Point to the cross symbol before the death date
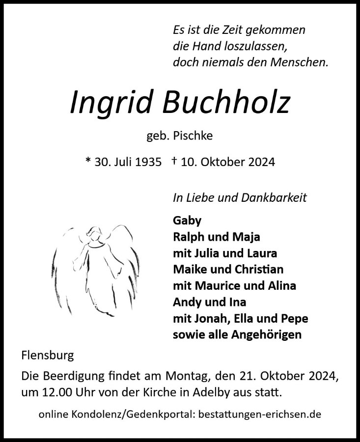175,160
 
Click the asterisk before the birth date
88,161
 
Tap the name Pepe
294,318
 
